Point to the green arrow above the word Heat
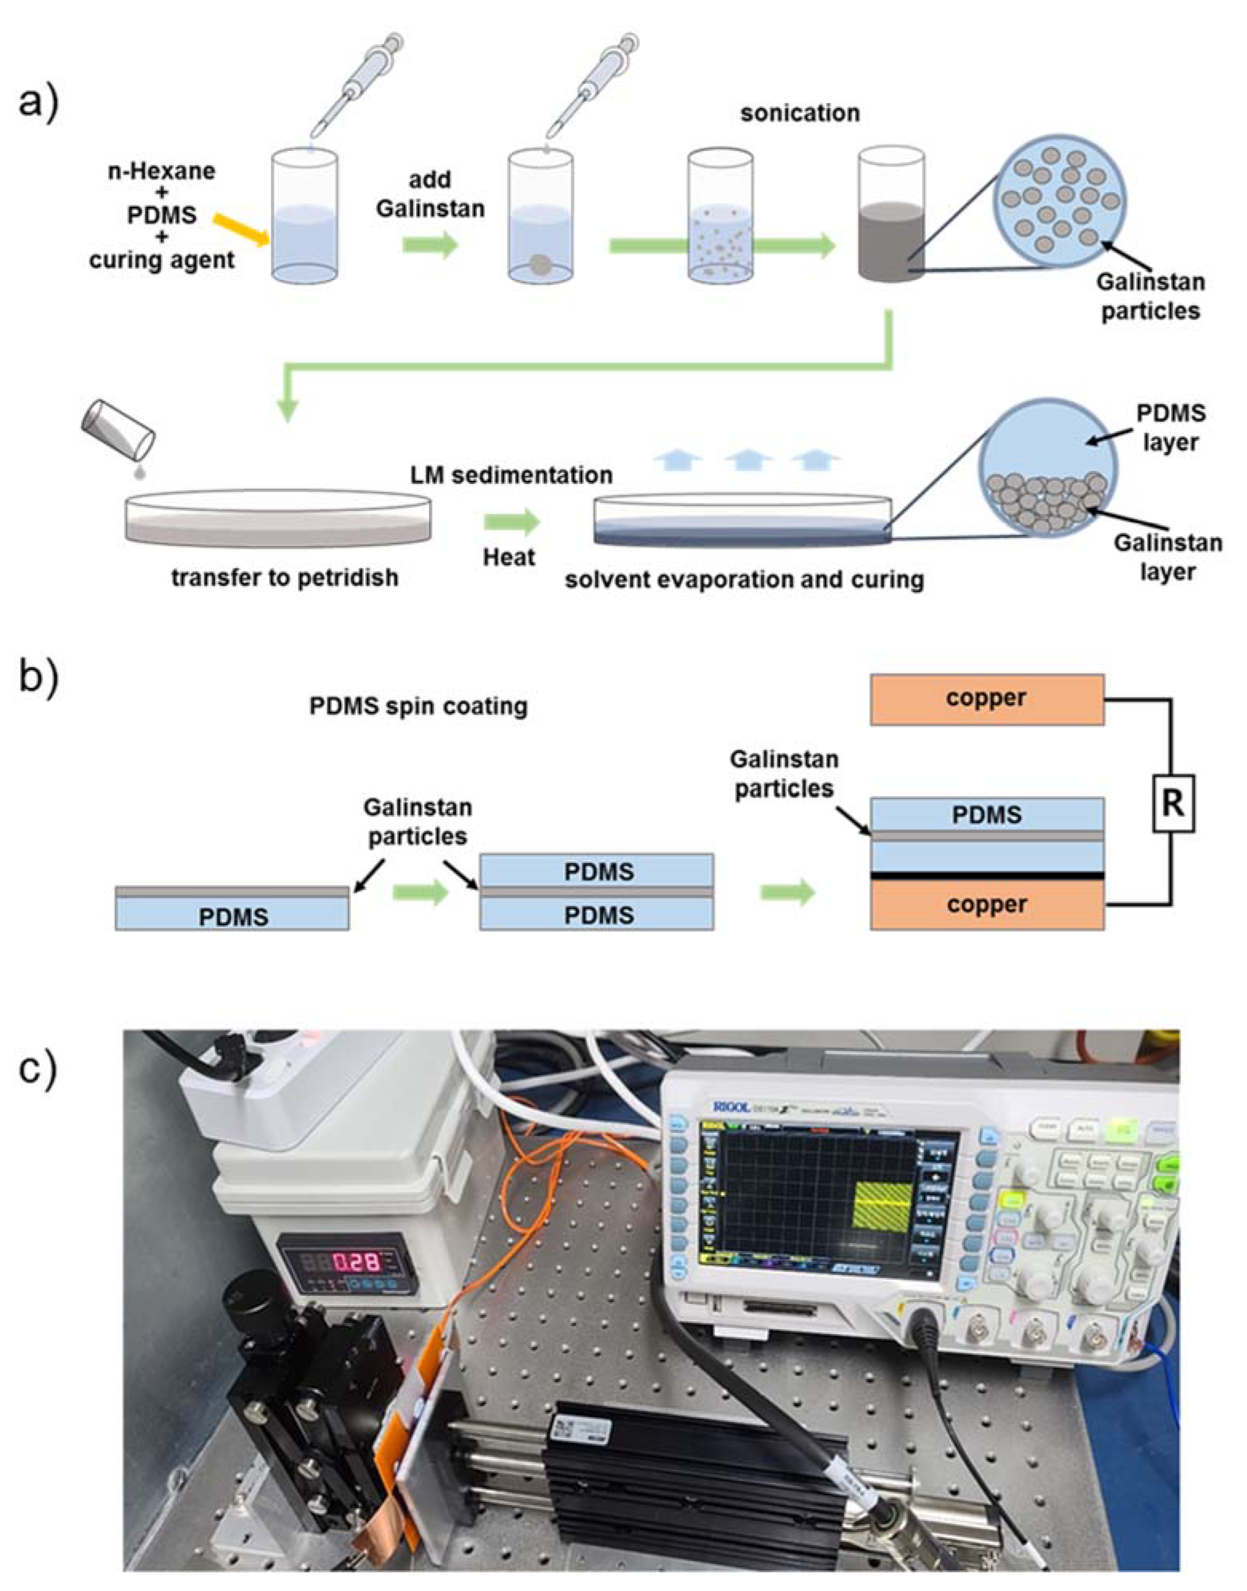click(x=511, y=521)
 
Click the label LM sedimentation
click(x=511, y=475)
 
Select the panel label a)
click(x=38, y=102)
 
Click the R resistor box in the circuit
click(x=1173, y=804)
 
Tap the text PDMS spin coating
click(x=418, y=706)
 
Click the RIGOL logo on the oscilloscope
click(x=730, y=1108)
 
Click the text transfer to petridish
click(x=285, y=578)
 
